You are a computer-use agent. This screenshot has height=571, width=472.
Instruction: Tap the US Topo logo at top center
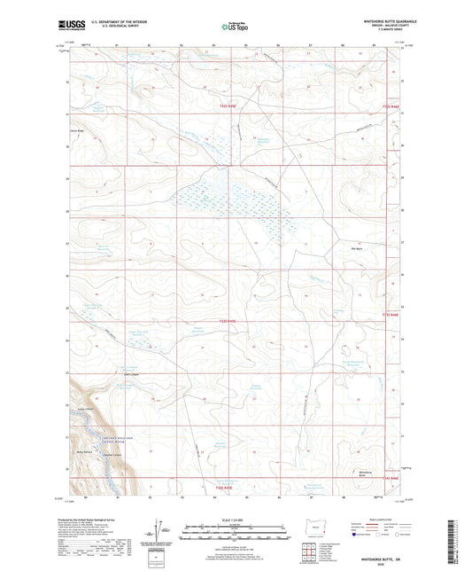click(x=234, y=27)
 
